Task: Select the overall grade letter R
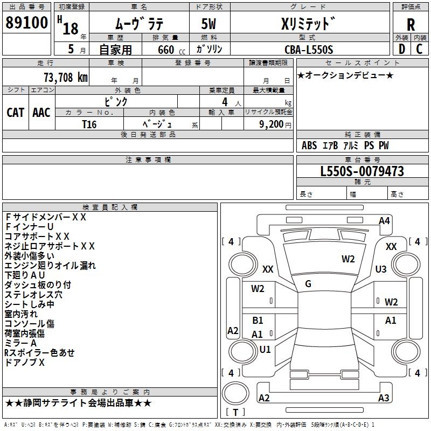coord(411,25)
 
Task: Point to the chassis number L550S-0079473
coord(362,171)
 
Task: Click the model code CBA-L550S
coord(309,50)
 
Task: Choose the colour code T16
coord(89,124)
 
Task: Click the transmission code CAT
coord(16,112)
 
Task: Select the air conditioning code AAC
coord(41,112)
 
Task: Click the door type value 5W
coord(209,25)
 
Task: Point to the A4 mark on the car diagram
coord(384,221)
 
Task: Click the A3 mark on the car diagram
coord(383,398)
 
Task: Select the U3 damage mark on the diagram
coord(381,269)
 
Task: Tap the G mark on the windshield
coord(308,284)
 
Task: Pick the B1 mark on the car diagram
coord(258,321)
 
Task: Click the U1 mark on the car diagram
coord(265,349)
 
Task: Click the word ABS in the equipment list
coord(309,145)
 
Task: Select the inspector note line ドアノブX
coord(25,363)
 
